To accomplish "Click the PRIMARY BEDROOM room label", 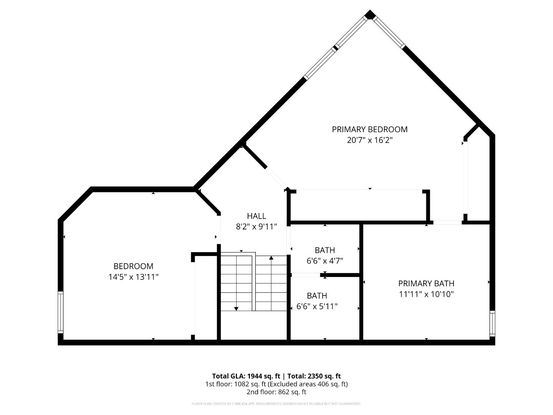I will pyautogui.click(x=369, y=129).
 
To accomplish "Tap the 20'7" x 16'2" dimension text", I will pyautogui.click(x=369, y=140).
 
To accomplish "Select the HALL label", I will pyautogui.click(x=256, y=216).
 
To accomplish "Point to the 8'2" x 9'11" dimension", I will pyautogui.click(x=256, y=227).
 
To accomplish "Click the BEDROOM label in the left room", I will pyautogui.click(x=133, y=266).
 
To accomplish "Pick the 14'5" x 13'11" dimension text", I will pyautogui.click(x=133, y=277).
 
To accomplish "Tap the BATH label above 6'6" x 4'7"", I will pyautogui.click(x=325, y=250).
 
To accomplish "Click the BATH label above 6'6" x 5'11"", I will pyautogui.click(x=317, y=296).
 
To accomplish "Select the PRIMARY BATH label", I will pyautogui.click(x=426, y=284).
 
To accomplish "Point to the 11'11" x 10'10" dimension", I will pyautogui.click(x=426, y=294).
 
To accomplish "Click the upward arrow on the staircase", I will pyautogui.click(x=271, y=258).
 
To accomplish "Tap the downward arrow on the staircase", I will pyautogui.click(x=236, y=308).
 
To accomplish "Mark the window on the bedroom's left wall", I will pyautogui.click(x=60, y=312).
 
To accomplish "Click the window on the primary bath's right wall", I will pyautogui.click(x=492, y=324).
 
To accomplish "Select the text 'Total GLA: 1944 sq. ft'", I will pyautogui.click(x=246, y=376).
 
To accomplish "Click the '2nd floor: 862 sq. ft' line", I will pyautogui.click(x=276, y=392).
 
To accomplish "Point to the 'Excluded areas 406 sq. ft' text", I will pyautogui.click(x=308, y=384).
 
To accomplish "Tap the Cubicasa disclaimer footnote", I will pyautogui.click(x=276, y=404).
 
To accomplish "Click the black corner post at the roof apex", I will pyautogui.click(x=370, y=15).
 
